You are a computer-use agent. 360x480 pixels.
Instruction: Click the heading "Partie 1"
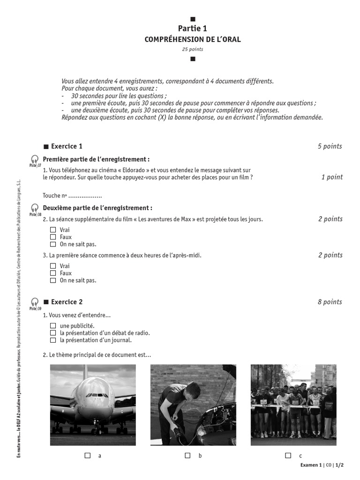click(192, 29)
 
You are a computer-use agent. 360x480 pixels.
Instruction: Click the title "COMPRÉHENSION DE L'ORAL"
click(192, 39)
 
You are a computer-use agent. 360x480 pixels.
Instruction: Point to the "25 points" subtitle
click(192, 49)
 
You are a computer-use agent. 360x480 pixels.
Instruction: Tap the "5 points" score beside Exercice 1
click(330, 146)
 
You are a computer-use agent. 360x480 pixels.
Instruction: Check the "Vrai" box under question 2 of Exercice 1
click(53, 230)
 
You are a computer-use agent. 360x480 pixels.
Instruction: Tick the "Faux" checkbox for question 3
click(53, 273)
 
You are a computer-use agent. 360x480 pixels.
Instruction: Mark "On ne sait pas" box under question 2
click(53, 244)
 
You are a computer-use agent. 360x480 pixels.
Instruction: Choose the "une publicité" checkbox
click(53, 325)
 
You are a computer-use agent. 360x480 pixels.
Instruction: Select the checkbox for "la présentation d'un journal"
click(53, 340)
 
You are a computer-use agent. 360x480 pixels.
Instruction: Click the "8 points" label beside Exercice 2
click(330, 302)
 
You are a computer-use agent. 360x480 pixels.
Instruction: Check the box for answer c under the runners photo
click(288, 455)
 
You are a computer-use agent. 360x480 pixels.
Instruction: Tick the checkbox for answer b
click(187, 455)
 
